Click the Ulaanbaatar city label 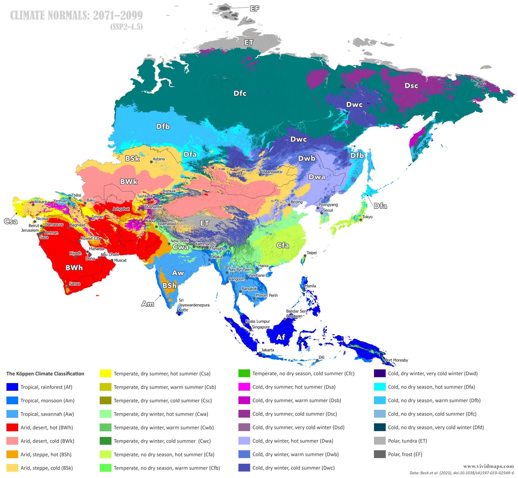point(272,172)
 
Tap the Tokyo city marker point(361,220)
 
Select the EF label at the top point(254,8)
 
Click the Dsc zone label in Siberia point(411,85)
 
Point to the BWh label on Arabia point(74,268)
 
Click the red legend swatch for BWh point(12,427)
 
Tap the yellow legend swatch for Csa point(105,374)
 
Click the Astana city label point(159,159)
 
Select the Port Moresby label point(396,360)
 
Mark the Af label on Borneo point(281,337)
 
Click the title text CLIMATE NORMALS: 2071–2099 point(76,15)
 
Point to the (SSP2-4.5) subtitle point(127,27)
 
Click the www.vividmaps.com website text point(488,466)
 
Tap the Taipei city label point(311,253)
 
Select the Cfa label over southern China point(283,245)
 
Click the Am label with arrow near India point(148,304)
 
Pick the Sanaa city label point(75,283)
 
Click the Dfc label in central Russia point(240,93)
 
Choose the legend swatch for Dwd point(380,374)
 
